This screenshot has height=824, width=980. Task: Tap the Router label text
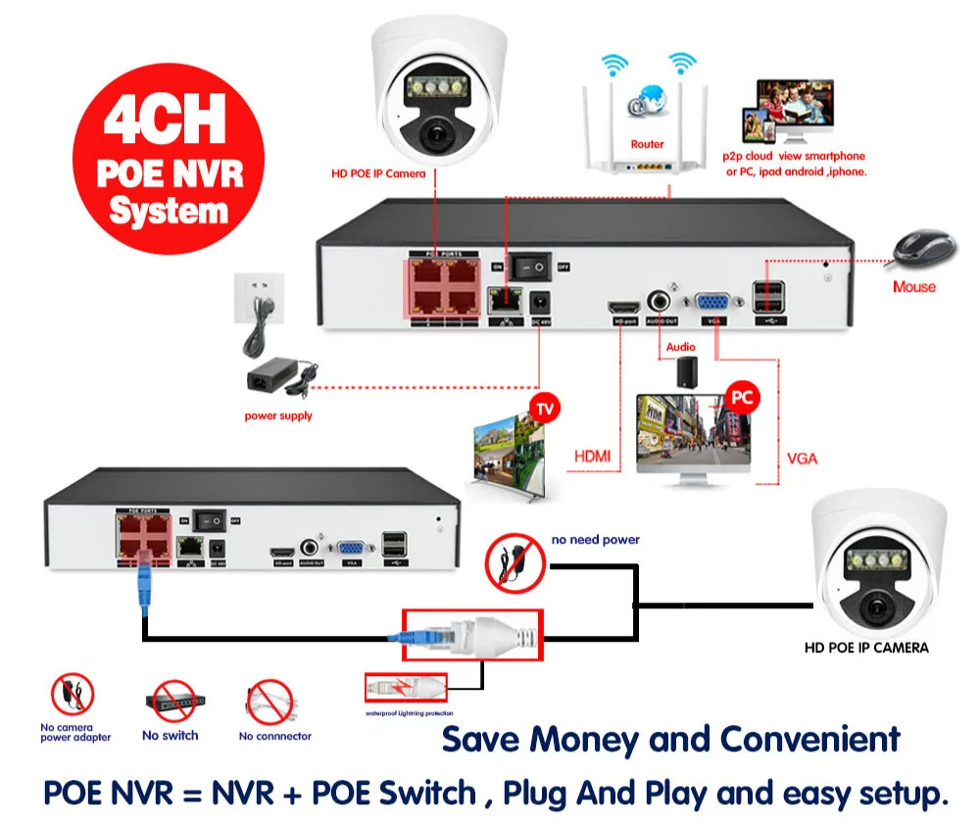(x=647, y=144)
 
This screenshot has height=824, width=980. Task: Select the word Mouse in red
(x=913, y=287)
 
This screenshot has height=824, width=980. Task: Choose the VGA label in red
(x=802, y=458)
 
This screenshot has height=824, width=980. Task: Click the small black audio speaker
(x=685, y=369)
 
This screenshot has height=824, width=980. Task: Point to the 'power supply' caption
(x=278, y=415)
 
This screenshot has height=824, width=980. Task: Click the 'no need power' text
(x=595, y=539)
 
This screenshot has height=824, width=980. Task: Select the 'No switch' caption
(x=170, y=735)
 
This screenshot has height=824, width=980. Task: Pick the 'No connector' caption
(x=275, y=736)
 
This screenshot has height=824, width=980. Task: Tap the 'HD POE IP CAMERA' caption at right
(x=866, y=647)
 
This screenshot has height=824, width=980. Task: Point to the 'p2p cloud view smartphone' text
(x=794, y=156)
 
